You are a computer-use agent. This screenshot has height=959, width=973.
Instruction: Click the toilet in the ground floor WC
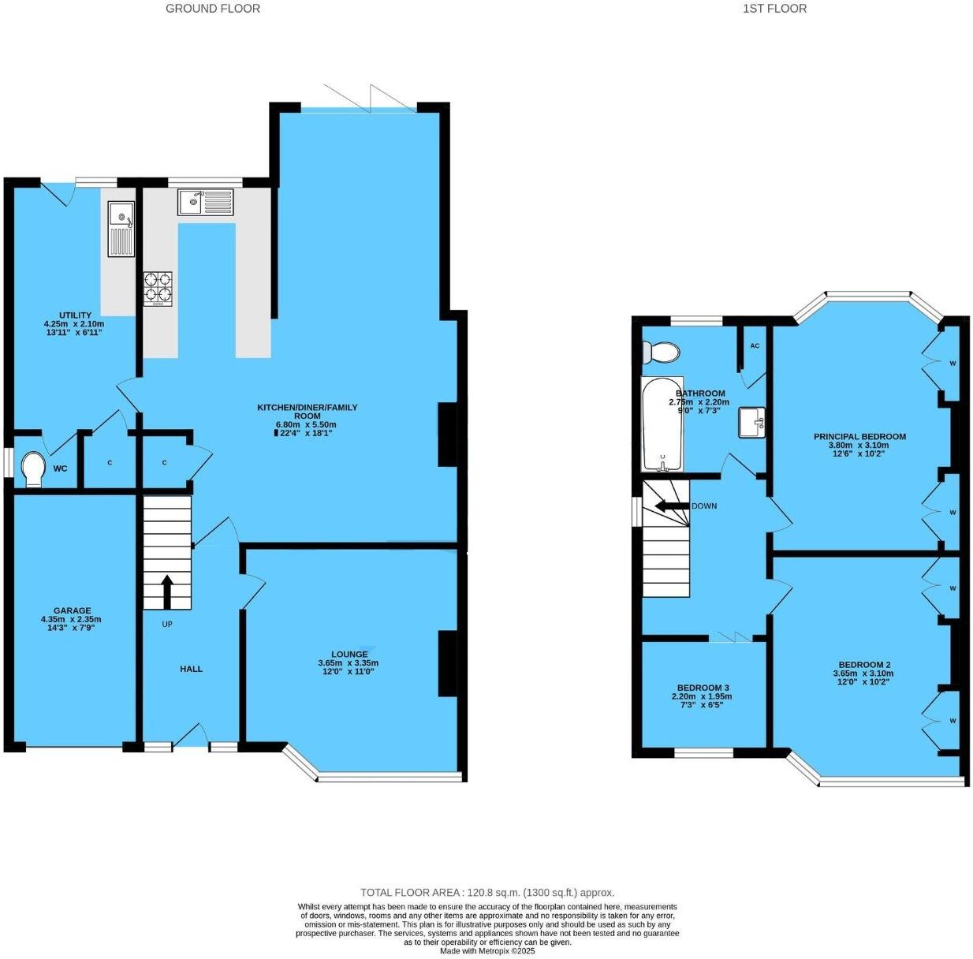coord(33,468)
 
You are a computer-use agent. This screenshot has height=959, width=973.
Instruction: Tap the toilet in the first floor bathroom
coord(661,352)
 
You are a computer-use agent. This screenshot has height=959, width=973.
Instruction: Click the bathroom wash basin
coord(752,422)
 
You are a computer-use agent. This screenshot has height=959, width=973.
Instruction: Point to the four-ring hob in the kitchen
coord(158,288)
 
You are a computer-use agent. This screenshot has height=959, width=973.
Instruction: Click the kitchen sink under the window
coord(205,202)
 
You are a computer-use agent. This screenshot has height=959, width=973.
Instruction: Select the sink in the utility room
coord(121,229)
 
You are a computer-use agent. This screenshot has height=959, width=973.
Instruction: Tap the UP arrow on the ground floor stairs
coord(167,591)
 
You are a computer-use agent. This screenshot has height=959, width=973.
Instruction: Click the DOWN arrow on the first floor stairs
coord(669,506)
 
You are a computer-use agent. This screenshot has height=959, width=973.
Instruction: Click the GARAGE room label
coord(72,610)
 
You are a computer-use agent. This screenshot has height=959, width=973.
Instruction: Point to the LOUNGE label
coord(349,654)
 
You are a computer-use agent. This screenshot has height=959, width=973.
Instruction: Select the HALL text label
coord(191,669)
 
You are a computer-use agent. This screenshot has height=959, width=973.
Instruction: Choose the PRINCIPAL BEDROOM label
coord(859,436)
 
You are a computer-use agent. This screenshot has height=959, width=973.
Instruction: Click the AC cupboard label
coord(755,346)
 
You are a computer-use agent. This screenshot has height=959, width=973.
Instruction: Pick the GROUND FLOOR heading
coord(212,9)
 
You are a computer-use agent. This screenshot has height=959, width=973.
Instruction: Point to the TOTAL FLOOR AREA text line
coord(487,893)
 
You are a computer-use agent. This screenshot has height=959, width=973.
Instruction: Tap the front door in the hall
coord(189,737)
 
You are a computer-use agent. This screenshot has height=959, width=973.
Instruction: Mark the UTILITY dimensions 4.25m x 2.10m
coord(73,324)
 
